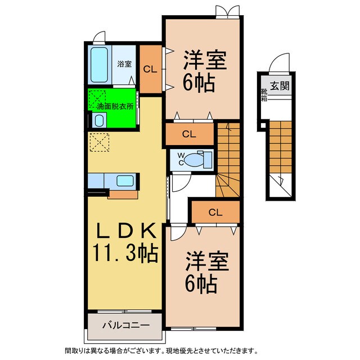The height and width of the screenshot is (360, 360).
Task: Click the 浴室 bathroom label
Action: [x=124, y=64]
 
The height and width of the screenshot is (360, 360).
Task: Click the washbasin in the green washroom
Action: [x=99, y=120]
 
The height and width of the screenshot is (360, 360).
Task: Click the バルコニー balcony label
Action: [x=125, y=325]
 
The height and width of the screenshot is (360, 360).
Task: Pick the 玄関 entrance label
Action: [x=280, y=86]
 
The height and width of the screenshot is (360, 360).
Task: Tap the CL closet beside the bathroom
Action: [x=150, y=70]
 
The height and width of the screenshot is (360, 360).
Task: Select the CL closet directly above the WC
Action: [x=189, y=134]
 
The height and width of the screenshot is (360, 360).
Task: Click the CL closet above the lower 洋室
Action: [x=215, y=212]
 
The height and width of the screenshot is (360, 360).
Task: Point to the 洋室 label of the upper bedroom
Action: [x=204, y=61]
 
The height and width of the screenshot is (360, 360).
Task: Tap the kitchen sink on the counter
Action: [x=124, y=181]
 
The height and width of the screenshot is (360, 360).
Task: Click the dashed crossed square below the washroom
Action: [x=99, y=142]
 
